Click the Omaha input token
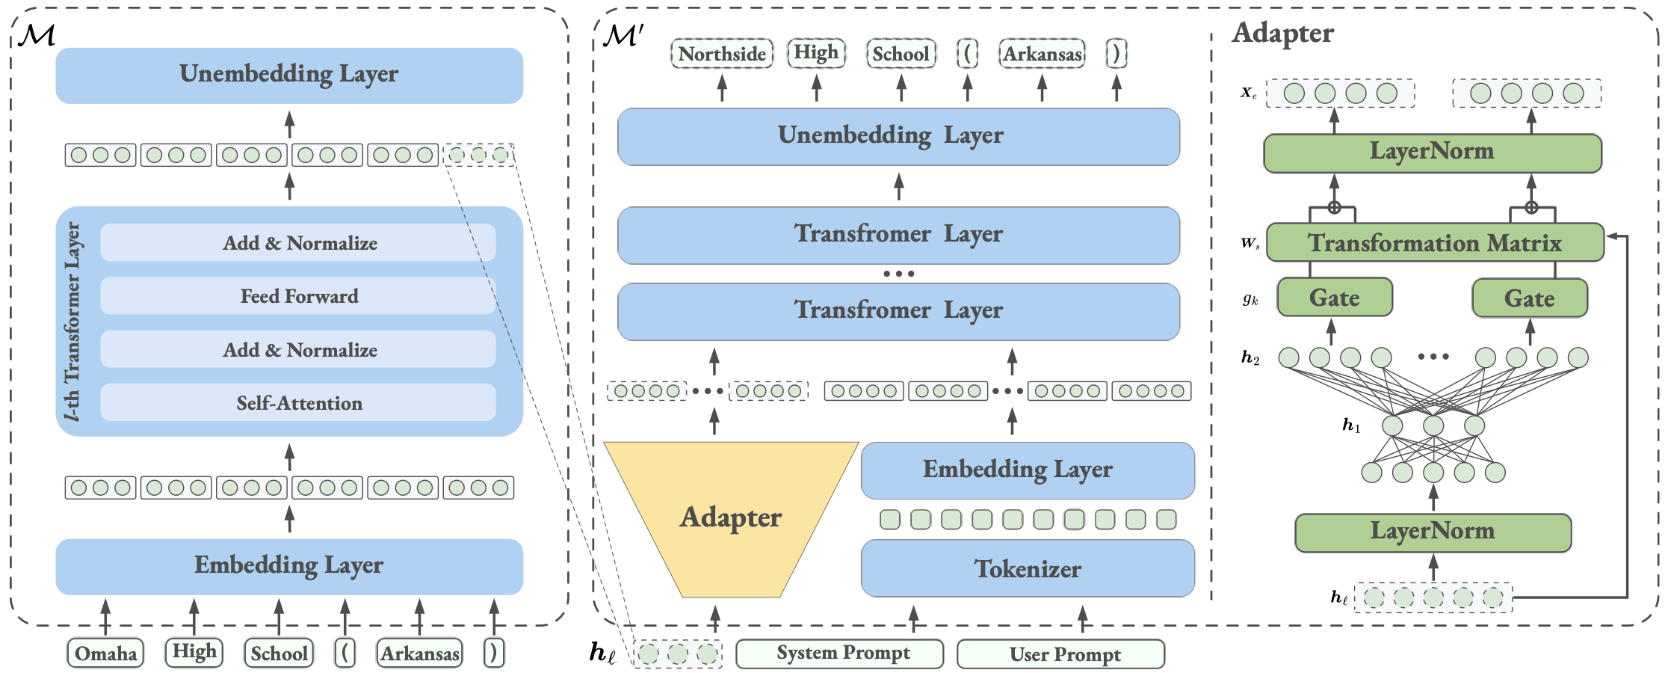point(105,653)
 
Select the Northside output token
point(722,54)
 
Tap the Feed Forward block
point(298,296)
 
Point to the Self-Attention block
point(298,403)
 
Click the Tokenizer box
point(1028,569)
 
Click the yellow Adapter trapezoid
point(730,517)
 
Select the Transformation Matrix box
point(1434,243)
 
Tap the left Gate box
point(1335,298)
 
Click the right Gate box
point(1529,298)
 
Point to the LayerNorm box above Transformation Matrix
point(1432,152)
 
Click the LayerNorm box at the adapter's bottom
point(1433,532)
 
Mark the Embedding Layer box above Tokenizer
point(1028,470)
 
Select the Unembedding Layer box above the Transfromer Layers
point(898,136)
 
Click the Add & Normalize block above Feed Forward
point(298,243)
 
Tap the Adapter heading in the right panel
point(1282,33)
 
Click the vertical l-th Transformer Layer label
point(72,322)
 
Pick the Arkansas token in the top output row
point(1042,54)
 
